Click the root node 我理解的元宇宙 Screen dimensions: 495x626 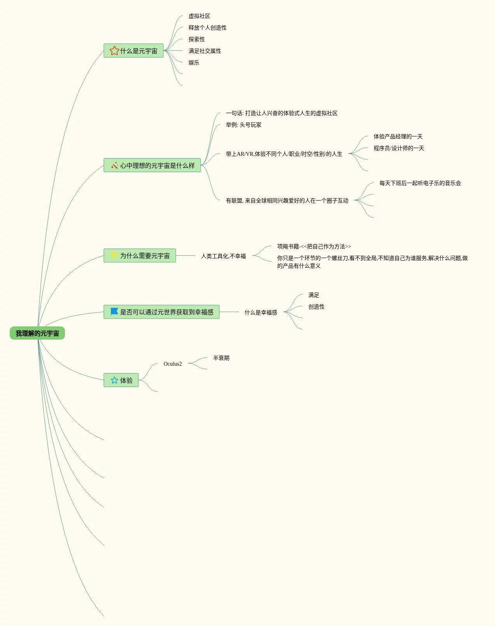pyautogui.click(x=37, y=333)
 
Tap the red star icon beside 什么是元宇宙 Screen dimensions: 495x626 pyautogui.click(x=114, y=51)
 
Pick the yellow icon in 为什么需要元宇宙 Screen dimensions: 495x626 pyautogui.click(x=114, y=255)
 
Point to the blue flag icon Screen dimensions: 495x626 pyautogui.click(x=114, y=312)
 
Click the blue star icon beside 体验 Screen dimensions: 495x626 pyautogui.click(x=114, y=380)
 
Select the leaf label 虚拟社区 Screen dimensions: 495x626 pyautogui.click(x=199, y=16)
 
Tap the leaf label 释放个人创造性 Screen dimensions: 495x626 pyautogui.click(x=207, y=28)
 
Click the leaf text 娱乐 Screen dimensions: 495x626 pyautogui.click(x=194, y=63)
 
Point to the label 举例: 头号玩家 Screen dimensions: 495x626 pyautogui.click(x=243, y=125)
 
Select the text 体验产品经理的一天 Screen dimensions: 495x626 pyautogui.click(x=398, y=136)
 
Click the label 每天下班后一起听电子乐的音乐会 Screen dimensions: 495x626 pyautogui.click(x=420, y=183)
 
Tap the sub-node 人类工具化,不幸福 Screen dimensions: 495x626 pyautogui.click(x=223, y=256)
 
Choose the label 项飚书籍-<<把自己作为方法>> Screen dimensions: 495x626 pyautogui.click(x=314, y=246)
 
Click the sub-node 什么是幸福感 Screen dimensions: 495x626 pyautogui.click(x=261, y=312)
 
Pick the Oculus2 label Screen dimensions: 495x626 pyautogui.click(x=173, y=364)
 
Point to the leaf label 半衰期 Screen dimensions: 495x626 pyautogui.click(x=221, y=358)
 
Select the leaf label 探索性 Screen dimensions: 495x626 pyautogui.click(x=196, y=39)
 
